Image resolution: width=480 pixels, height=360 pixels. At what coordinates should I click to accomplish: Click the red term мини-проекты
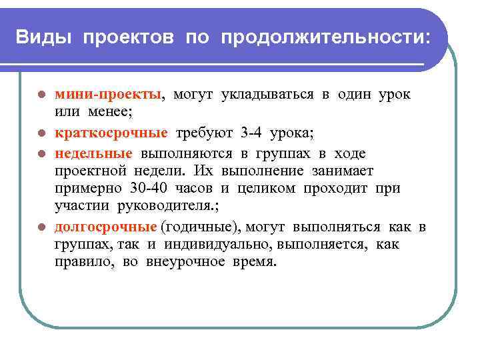pos(108,95)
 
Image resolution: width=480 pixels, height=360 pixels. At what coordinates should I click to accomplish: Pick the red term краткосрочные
pos(111,132)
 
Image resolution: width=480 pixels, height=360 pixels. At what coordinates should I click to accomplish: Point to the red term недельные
pos(93,153)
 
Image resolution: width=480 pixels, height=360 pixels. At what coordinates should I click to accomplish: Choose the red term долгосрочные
pos(106,227)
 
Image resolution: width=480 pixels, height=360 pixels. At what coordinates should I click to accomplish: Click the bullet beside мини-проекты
pos(41,95)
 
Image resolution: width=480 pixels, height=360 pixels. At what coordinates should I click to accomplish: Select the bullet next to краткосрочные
pos(41,133)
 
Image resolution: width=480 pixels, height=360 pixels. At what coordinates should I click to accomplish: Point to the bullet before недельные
pos(41,154)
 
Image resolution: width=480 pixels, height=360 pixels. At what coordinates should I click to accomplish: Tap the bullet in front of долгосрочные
pos(41,228)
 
